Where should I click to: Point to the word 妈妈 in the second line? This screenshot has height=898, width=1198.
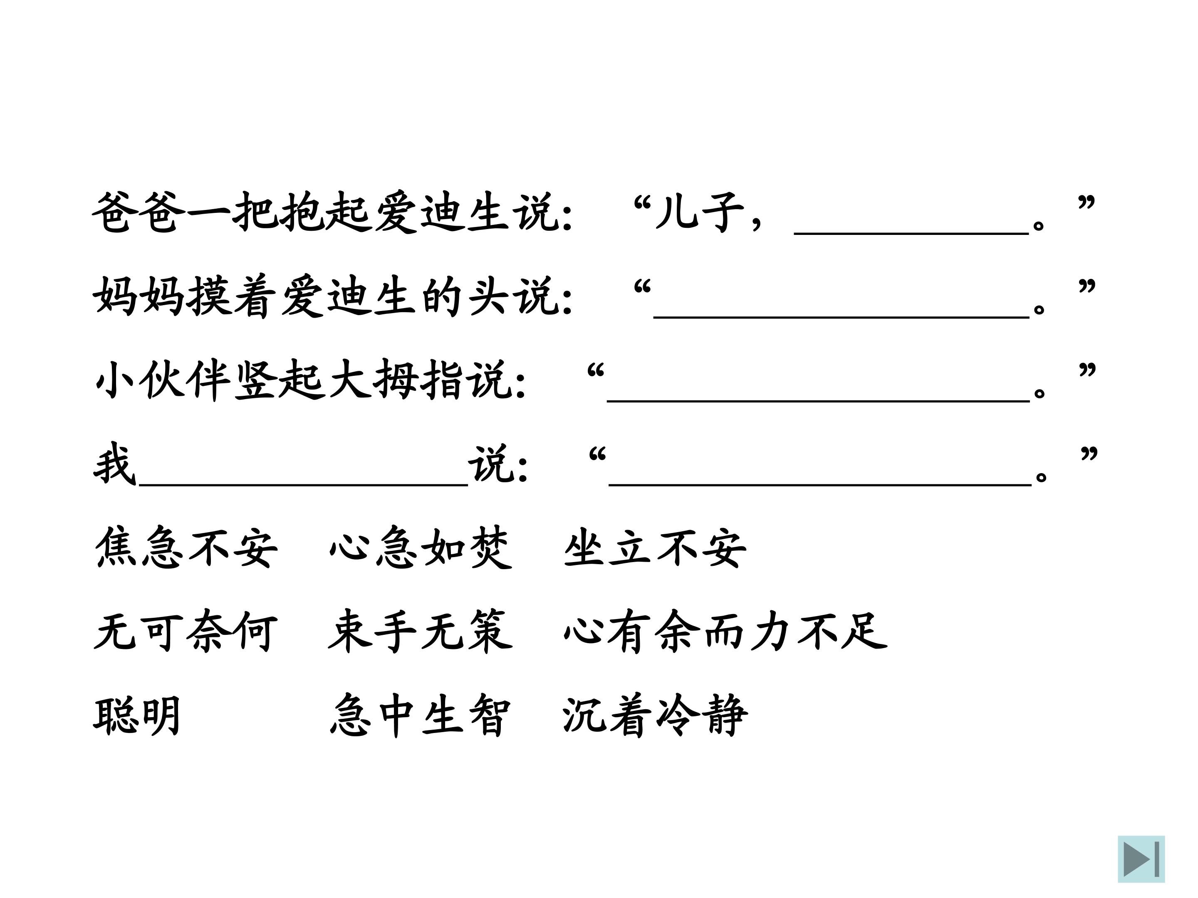pyautogui.click(x=139, y=296)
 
